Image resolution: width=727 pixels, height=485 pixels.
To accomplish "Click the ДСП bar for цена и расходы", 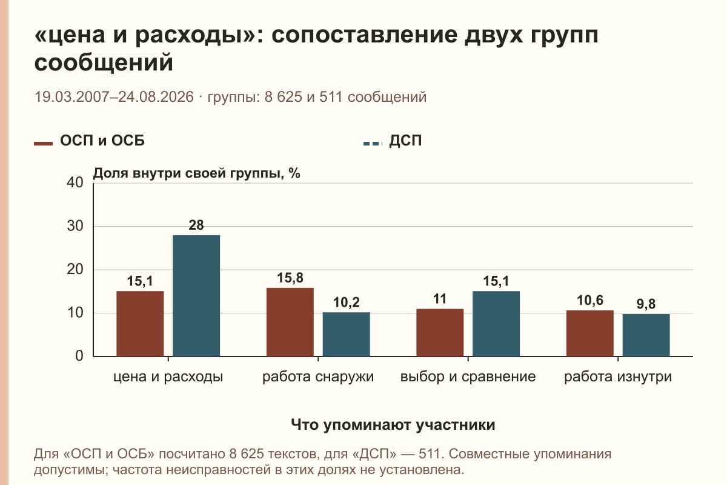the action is (x=196, y=296).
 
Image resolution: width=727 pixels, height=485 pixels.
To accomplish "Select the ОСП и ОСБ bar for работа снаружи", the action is (x=290, y=322).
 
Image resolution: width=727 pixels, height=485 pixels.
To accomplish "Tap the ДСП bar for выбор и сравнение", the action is (x=496, y=324).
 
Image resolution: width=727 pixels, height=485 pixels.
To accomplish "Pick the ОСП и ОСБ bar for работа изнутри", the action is (x=590, y=333).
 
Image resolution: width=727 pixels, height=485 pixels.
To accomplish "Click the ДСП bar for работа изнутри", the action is (x=646, y=335).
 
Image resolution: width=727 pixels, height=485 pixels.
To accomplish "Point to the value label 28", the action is (x=196, y=225).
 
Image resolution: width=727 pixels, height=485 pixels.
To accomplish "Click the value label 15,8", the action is (x=290, y=278).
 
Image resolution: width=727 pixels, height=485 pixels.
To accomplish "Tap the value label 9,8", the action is (x=646, y=304).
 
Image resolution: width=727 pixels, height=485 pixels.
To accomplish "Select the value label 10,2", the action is (x=347, y=303).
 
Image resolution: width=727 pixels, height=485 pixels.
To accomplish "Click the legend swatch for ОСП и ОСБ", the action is (x=43, y=144).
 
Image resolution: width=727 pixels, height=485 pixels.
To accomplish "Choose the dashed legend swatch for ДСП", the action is (x=373, y=144).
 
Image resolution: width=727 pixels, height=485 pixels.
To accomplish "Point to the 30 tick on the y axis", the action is (x=75, y=226).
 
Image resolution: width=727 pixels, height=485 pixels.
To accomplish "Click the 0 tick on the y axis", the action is (x=79, y=356).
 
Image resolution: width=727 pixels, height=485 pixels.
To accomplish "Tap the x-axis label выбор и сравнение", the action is (x=468, y=377).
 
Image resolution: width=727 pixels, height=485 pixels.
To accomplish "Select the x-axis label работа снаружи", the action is (x=318, y=377).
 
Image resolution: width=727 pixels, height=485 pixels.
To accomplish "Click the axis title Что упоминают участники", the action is (x=393, y=424).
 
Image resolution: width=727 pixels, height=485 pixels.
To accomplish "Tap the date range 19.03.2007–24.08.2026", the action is (x=114, y=97).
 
